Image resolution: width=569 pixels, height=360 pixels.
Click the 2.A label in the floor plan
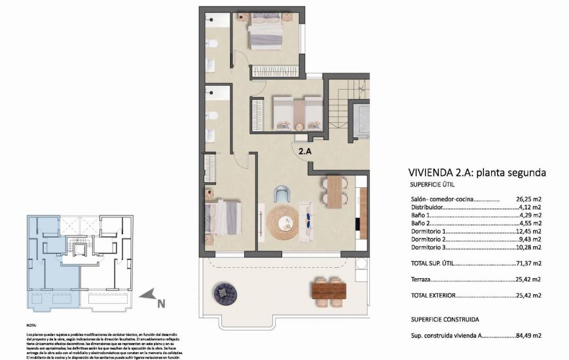(304, 151)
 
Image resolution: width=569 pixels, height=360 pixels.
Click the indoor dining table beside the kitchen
(334, 192)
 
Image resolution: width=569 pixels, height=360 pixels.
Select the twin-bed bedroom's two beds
(297, 113)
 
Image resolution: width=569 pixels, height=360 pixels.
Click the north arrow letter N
(160, 303)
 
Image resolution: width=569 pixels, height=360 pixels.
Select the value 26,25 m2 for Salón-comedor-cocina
(528, 200)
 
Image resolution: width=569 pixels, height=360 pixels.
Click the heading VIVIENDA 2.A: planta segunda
(477, 173)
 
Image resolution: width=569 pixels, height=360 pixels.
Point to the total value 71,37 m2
(528, 264)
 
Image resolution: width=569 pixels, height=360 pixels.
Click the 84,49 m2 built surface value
(528, 336)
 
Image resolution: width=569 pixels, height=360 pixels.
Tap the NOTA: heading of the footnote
(32, 325)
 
